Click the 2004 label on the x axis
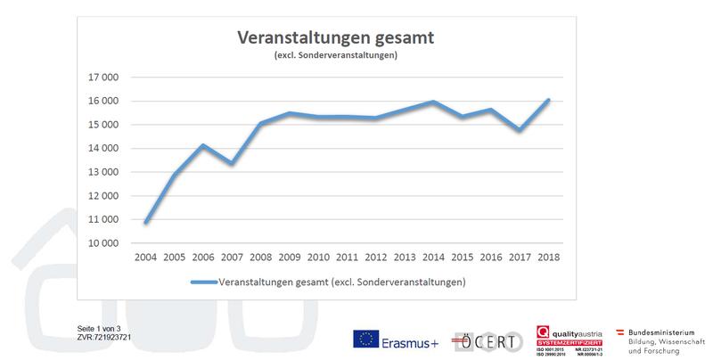(146, 258)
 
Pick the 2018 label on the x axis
(547, 258)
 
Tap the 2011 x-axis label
(347, 258)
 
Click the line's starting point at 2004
(146, 221)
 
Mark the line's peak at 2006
(203, 145)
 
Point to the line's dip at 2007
(232, 163)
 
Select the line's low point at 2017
(519, 130)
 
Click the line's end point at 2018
(547, 100)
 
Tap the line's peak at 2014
(433, 102)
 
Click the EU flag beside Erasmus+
(366, 340)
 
